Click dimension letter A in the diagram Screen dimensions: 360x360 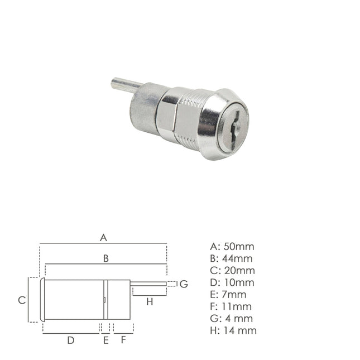click(103, 238)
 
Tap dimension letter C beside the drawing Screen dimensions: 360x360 click(21, 300)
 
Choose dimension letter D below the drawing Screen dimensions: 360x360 click(70, 339)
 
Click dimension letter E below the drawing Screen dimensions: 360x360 click(105, 339)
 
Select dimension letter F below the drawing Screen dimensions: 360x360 click(123, 339)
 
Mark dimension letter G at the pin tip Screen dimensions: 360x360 click(184, 284)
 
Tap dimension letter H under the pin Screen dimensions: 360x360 click(149, 302)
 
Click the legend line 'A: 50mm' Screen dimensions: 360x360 click(231, 246)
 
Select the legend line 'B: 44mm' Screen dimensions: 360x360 click(231, 258)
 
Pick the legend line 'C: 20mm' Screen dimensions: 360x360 click(231, 270)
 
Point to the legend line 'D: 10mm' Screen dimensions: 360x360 click(232, 282)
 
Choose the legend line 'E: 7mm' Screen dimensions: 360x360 click(228, 294)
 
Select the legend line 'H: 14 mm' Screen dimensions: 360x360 click(233, 330)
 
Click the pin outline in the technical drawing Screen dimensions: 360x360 click(149, 284)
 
